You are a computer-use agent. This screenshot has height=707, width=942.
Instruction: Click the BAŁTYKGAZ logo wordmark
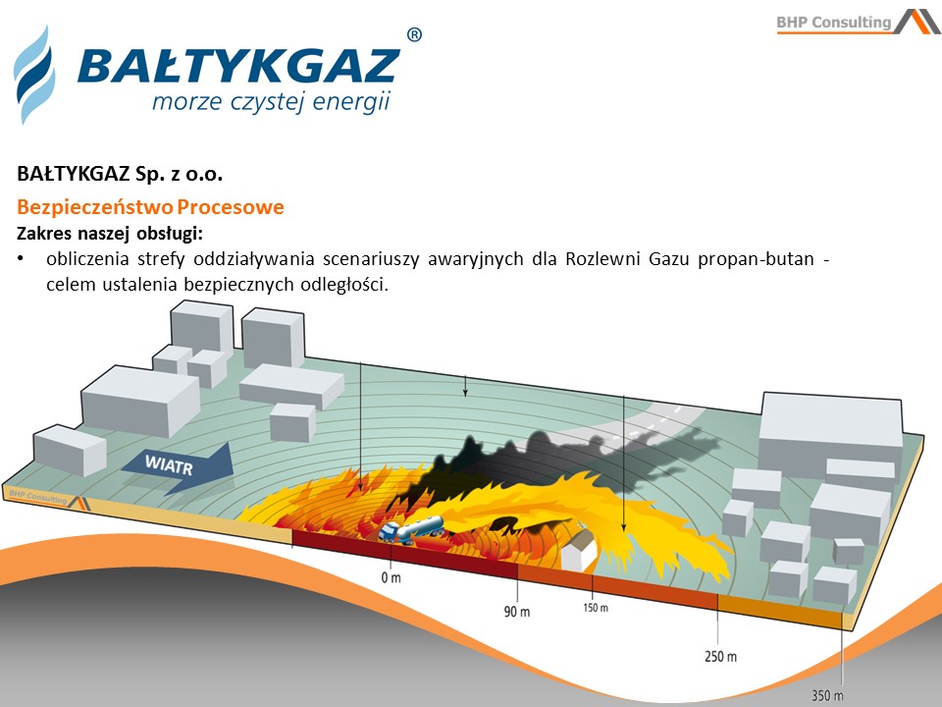pos(238,65)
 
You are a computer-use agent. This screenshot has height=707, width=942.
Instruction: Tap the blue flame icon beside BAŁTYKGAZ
pos(34,75)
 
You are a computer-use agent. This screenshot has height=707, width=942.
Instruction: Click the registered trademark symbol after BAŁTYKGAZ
pos(414,35)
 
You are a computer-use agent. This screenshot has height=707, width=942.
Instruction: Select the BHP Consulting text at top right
pos(833,23)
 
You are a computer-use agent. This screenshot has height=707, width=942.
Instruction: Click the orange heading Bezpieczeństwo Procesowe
pos(150,207)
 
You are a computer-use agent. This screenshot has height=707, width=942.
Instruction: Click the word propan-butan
pos(756,259)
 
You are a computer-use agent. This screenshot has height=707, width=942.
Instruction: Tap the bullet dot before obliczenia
pos(21,259)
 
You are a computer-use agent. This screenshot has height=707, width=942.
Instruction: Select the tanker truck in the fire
pos(411,529)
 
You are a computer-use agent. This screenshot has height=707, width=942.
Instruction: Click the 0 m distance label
pos(391,577)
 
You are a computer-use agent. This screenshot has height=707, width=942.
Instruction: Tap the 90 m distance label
pos(517,612)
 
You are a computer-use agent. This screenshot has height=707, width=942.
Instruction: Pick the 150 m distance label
pos(596,608)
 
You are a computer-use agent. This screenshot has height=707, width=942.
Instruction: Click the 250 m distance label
pos(720,657)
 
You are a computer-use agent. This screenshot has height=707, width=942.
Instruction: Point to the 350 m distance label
pos(827,695)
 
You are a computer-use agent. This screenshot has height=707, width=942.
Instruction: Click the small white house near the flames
pos(579,547)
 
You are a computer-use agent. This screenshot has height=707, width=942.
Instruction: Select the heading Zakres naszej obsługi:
pos(110,234)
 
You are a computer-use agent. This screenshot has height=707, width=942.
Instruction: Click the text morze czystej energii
pos(272,101)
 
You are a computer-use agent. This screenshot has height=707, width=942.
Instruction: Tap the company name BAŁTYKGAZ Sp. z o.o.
pos(120,174)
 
